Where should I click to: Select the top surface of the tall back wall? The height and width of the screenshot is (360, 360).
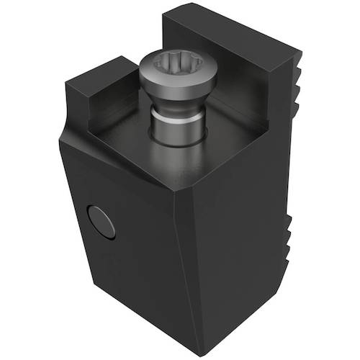coord(230,32)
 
